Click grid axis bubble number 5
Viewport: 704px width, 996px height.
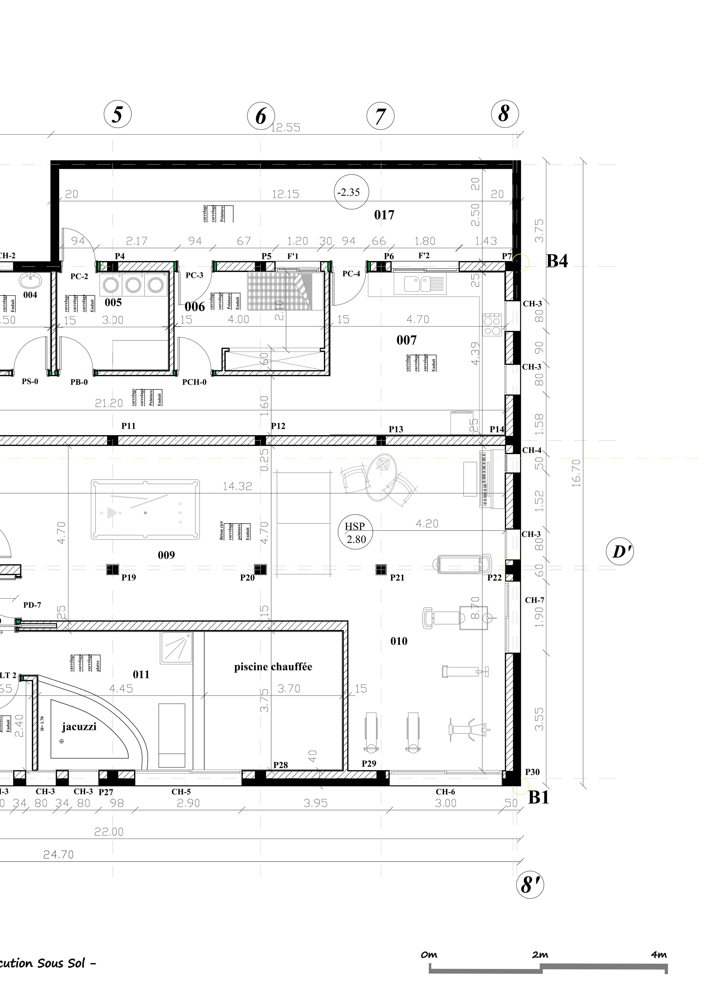point(118,115)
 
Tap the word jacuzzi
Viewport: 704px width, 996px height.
point(79,727)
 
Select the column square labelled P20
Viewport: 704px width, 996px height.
point(260,569)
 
